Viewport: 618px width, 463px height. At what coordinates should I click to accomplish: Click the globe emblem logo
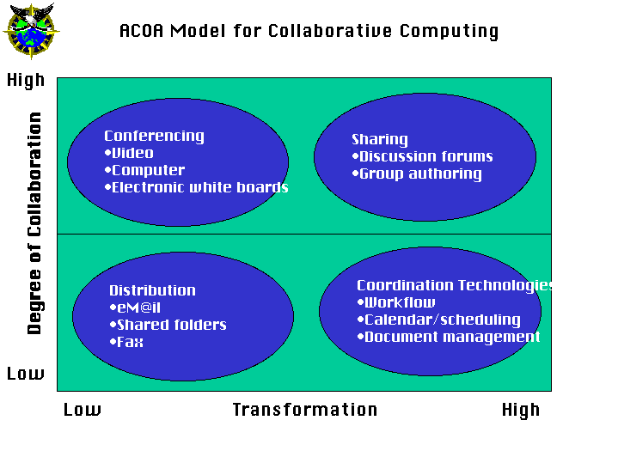point(31,31)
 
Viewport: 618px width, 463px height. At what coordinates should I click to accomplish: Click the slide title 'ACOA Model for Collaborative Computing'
point(309,31)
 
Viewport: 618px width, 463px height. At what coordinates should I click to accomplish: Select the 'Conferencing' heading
point(154,136)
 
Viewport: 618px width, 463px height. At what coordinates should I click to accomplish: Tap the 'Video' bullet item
point(129,153)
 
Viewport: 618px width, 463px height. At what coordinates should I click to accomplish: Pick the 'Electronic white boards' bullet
point(196,187)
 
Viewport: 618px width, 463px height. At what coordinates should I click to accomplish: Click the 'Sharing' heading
point(380,139)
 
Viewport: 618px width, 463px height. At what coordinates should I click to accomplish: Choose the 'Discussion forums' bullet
point(422,156)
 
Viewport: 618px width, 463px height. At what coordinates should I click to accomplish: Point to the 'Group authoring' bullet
point(417,174)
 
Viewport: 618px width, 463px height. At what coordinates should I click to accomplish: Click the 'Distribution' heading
point(152,290)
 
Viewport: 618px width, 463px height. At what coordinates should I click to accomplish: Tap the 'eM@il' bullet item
point(135,308)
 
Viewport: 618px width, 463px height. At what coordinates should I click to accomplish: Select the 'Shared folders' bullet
point(168,325)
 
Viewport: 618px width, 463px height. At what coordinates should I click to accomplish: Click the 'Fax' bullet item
point(126,342)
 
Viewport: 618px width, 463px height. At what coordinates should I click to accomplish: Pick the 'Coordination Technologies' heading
point(455,285)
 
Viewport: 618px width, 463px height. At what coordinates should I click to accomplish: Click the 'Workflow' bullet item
point(396,302)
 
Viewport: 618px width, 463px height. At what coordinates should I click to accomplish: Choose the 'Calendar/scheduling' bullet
point(438,320)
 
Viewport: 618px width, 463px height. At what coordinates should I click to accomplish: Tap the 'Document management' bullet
point(448,337)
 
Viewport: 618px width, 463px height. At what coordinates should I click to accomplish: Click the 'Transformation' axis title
point(305,410)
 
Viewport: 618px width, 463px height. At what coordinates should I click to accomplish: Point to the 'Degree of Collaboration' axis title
point(34,223)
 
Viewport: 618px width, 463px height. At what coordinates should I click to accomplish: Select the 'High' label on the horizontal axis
point(521,411)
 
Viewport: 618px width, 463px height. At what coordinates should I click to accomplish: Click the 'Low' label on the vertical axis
point(26,373)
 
